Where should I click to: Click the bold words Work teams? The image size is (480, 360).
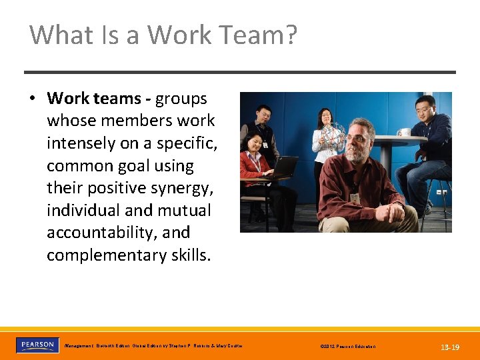tap(94, 99)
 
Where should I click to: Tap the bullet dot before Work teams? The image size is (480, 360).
tap(32, 99)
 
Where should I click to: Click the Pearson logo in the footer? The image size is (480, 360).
tap(37, 345)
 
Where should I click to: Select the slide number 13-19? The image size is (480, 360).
tap(449, 347)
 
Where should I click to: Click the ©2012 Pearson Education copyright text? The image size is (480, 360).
tap(347, 347)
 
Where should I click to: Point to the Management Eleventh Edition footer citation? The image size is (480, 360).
tap(153, 346)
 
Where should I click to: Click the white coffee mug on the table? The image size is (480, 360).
tap(404, 132)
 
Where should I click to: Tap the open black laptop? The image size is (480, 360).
tap(285, 167)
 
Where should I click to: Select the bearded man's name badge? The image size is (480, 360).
tap(355, 198)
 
